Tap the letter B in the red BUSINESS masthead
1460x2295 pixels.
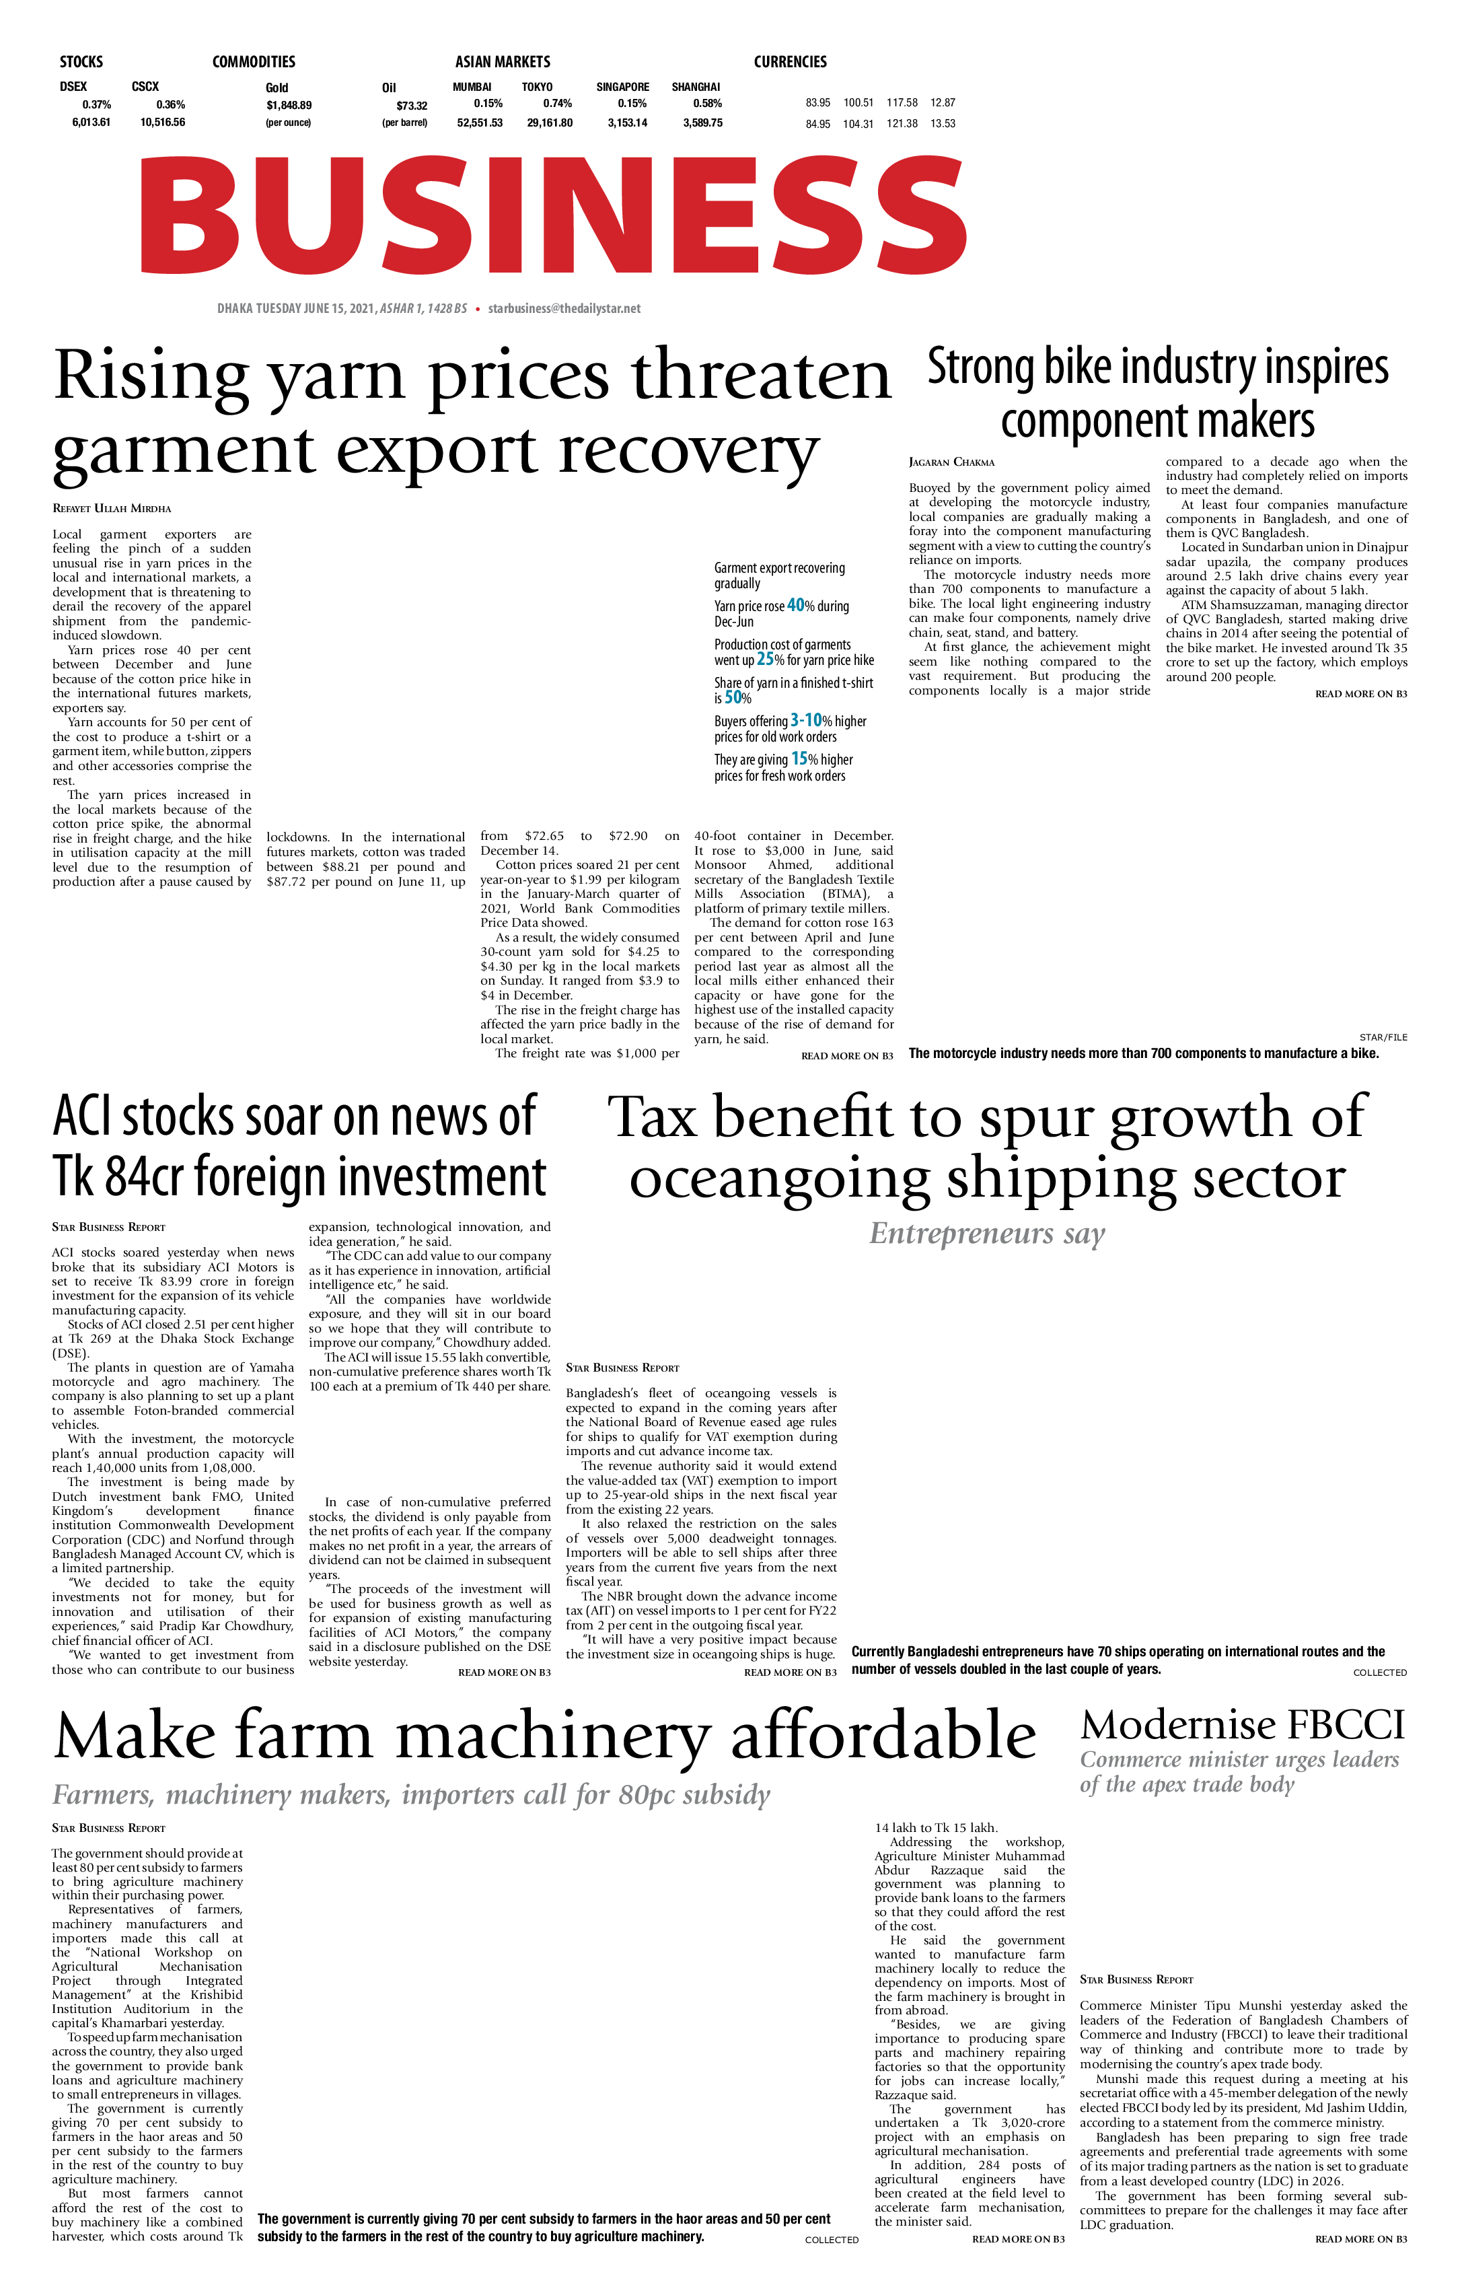click(x=188, y=215)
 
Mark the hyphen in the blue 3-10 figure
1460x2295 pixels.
click(x=801, y=721)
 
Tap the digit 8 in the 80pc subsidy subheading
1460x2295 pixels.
click(x=627, y=1796)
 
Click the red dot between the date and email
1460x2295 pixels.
click(x=478, y=309)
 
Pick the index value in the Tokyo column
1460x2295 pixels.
click(x=550, y=123)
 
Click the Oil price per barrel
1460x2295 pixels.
click(x=412, y=106)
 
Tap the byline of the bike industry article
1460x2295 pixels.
click(x=951, y=462)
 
